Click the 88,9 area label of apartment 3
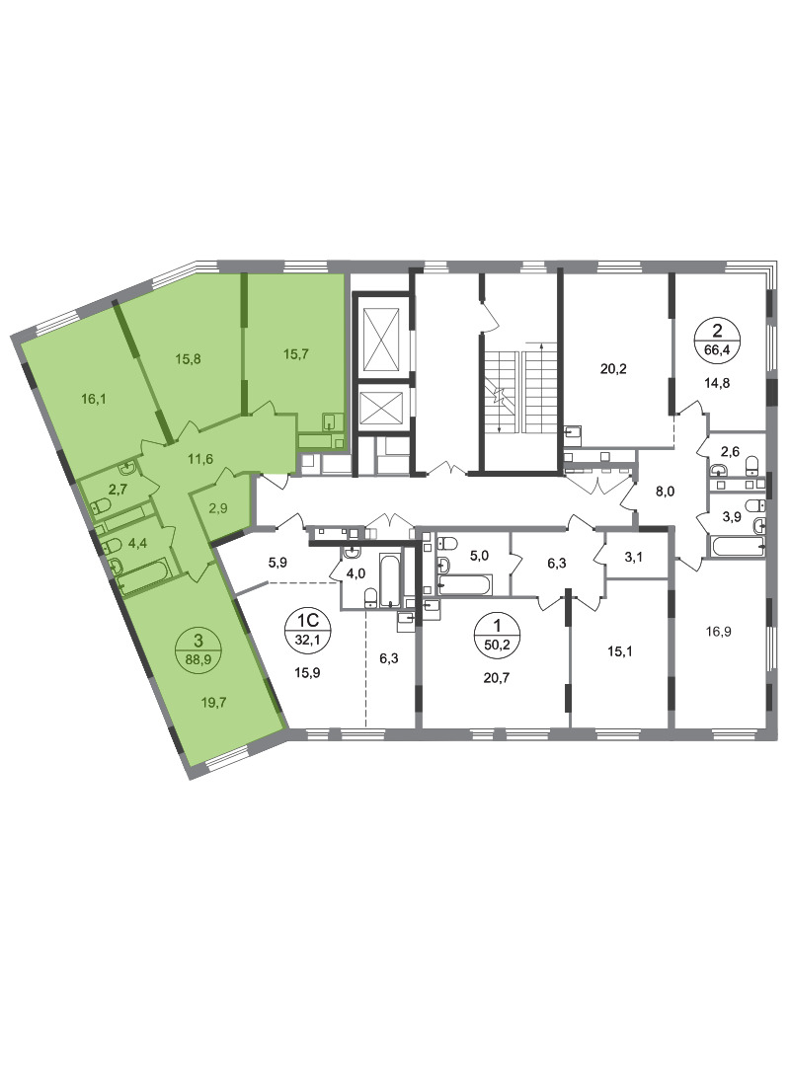pos(198,657)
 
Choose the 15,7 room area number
pos(296,353)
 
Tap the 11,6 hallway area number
pos(200,459)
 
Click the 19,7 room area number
pos(213,702)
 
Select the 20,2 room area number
pos(613,369)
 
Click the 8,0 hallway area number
pos(665,491)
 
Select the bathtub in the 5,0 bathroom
pos(465,584)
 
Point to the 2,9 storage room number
pos(217,507)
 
